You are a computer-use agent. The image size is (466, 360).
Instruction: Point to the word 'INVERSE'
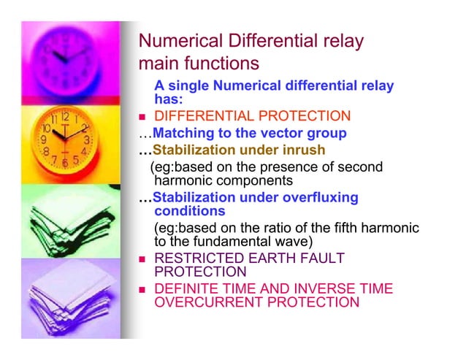click(316, 289)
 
